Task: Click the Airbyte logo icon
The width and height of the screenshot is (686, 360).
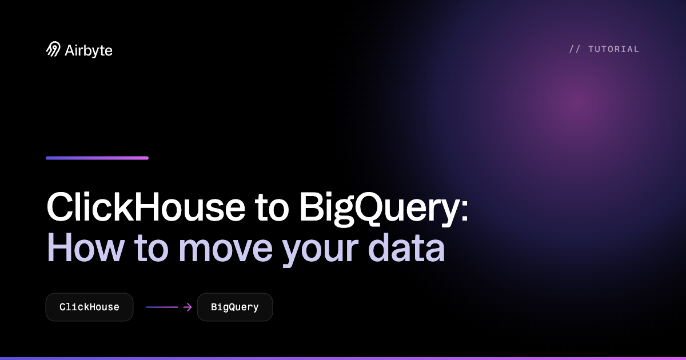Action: pyautogui.click(x=53, y=49)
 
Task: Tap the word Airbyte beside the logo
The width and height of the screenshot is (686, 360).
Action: pyautogui.click(x=89, y=50)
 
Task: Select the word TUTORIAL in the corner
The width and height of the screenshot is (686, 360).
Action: pyautogui.click(x=614, y=49)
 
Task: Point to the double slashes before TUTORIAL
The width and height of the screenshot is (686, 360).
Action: pyautogui.click(x=575, y=49)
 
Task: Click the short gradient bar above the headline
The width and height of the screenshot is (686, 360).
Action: pyautogui.click(x=97, y=158)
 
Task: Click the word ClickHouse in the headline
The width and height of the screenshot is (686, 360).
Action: pyautogui.click(x=146, y=207)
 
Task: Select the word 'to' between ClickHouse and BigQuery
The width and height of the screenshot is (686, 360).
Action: pyautogui.click(x=272, y=208)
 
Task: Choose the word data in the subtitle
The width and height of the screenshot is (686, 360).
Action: pyautogui.click(x=406, y=248)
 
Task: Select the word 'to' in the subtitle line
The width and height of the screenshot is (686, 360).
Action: pyautogui.click(x=151, y=249)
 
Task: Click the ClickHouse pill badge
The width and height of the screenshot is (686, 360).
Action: pyautogui.click(x=89, y=307)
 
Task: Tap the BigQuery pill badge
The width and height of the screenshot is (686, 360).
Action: pyautogui.click(x=235, y=307)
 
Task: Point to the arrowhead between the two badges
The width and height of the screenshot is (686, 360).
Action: pyautogui.click(x=188, y=307)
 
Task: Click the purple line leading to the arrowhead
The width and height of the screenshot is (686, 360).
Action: pyautogui.click(x=162, y=307)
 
